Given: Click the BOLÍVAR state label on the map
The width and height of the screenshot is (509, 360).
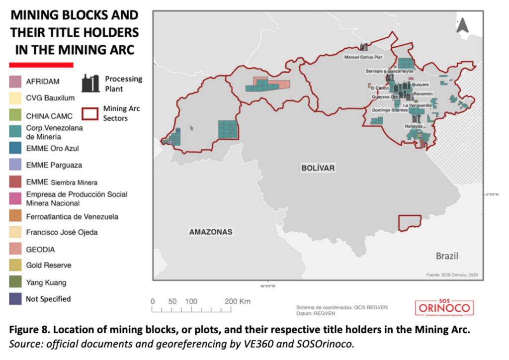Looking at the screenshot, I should point(318,168).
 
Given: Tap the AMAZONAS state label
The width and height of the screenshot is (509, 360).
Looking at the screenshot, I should point(210,232).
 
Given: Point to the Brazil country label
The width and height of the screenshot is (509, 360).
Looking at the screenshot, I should point(447,256).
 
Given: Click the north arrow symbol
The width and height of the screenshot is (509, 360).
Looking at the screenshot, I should point(462,24).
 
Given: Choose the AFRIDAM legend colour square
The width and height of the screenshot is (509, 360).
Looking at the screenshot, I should point(16,81).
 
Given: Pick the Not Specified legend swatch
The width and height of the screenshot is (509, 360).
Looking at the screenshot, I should point(16,299).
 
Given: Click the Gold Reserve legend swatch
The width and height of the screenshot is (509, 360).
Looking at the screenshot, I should point(16,266).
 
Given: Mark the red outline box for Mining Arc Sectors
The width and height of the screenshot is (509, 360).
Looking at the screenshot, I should point(91,113).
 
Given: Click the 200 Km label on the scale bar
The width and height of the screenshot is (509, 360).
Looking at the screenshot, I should point(238,301).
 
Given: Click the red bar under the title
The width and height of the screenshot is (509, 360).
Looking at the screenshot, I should point(41,64).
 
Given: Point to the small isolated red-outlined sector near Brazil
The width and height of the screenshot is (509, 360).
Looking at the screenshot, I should point(410,222).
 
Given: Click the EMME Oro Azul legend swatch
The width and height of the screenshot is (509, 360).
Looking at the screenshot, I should point(16,148).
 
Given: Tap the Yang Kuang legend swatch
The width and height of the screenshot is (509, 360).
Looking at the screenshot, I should point(16,282).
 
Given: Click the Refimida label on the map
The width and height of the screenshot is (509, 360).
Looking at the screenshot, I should point(414,126).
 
